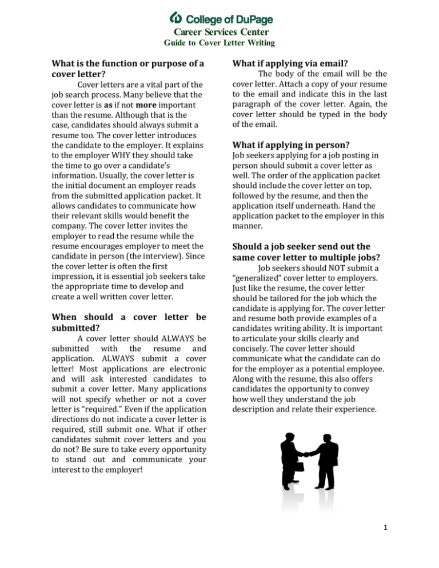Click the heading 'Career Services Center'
click(219, 32)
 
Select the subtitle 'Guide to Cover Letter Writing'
click(219, 43)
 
